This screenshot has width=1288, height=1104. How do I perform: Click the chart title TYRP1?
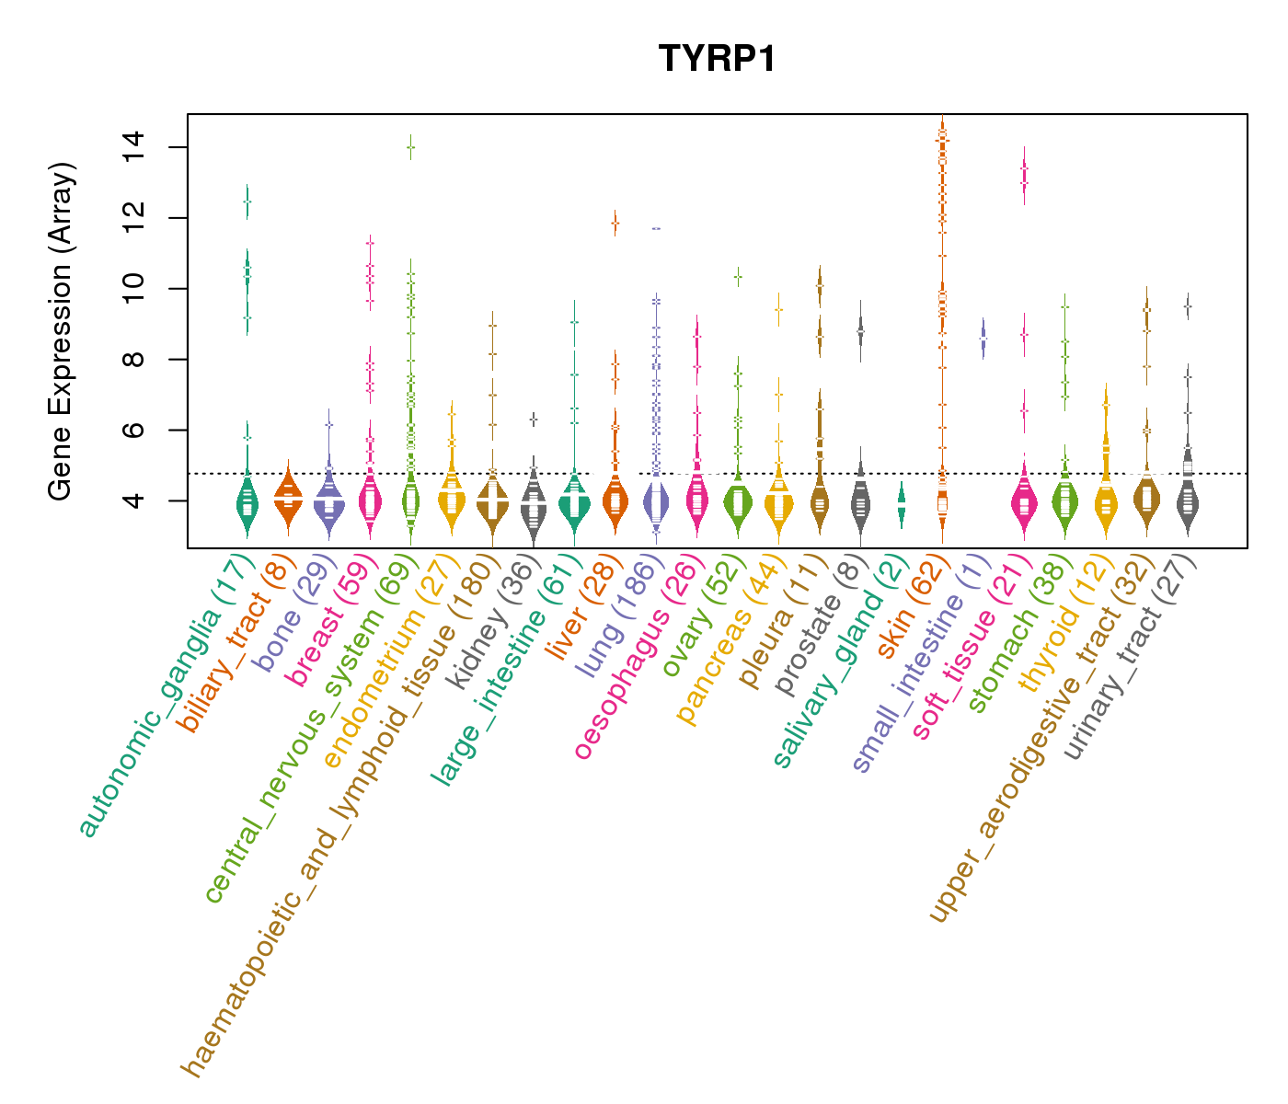tap(717, 59)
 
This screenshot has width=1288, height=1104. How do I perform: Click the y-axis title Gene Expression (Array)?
tap(61, 331)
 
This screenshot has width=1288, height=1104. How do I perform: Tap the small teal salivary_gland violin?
tap(902, 506)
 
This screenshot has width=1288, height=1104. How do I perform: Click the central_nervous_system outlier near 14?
tap(410, 147)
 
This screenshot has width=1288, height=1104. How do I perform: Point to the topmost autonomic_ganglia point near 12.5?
tap(247, 201)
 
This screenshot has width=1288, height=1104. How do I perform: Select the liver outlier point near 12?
tap(615, 223)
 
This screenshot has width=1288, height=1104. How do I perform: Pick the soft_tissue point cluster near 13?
tap(1024, 175)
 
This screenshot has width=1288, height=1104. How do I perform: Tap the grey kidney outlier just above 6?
tap(533, 420)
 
